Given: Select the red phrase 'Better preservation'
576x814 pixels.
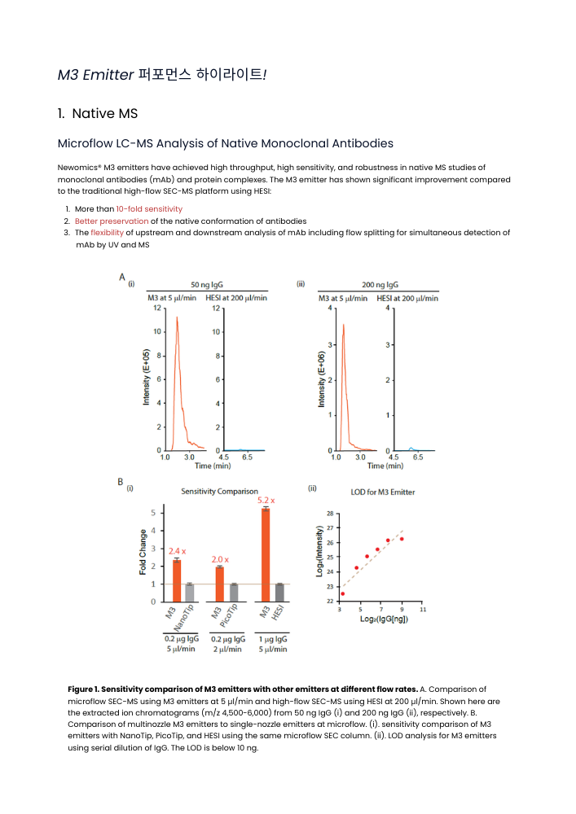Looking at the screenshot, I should pyautogui.click(x=112, y=221).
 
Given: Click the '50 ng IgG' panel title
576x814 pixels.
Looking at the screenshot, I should pyautogui.click(x=207, y=285).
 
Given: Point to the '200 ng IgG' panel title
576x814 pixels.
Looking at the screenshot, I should pyautogui.click(x=380, y=285).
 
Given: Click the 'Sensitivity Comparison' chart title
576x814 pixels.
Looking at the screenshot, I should pyautogui.click(x=219, y=491).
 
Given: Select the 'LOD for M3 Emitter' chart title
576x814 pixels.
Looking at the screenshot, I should pyautogui.click(x=383, y=492).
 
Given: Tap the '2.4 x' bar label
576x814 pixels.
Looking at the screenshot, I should pyautogui.click(x=178, y=551).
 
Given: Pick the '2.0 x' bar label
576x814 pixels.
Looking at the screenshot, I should pyautogui.click(x=220, y=559).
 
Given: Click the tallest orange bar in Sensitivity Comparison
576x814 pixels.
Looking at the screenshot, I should pyautogui.click(x=265, y=554).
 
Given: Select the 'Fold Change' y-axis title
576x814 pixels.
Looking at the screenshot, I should pyautogui.click(x=144, y=553).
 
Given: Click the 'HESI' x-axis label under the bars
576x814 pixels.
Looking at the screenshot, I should pyautogui.click(x=278, y=616).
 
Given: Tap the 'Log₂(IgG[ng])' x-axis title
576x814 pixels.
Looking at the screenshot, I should pyautogui.click(x=384, y=619).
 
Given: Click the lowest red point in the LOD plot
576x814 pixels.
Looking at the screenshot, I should pyautogui.click(x=342, y=593).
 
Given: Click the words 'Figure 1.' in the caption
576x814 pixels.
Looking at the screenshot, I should pyautogui.click(x=86, y=689).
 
